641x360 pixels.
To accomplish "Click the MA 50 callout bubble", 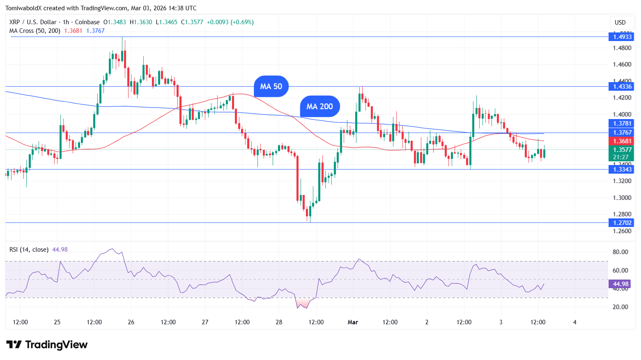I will [x=271, y=86].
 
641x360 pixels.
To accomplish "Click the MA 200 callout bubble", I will [x=319, y=106].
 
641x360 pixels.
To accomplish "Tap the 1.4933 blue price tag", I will [x=622, y=37].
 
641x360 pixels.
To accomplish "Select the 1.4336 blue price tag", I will [x=622, y=87].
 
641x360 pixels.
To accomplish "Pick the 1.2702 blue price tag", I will [x=622, y=223].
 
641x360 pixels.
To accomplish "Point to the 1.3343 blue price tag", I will [x=622, y=170].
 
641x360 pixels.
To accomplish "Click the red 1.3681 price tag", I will [x=622, y=141].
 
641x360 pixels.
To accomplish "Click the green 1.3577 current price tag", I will [x=622, y=150].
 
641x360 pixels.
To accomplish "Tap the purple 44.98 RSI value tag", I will [x=620, y=284].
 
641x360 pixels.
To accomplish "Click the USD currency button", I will [x=620, y=23].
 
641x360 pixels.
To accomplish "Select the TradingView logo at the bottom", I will [x=47, y=344].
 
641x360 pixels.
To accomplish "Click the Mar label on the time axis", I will [x=353, y=322].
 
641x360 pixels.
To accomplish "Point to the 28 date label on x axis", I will [x=279, y=322].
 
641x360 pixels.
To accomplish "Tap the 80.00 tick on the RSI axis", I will [x=620, y=252].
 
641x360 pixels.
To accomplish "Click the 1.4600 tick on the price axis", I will [x=622, y=64].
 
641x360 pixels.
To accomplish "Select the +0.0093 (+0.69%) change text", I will [x=230, y=22].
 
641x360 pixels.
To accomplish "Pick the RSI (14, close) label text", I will [x=29, y=250].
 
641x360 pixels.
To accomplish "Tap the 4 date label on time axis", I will [x=574, y=322].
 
